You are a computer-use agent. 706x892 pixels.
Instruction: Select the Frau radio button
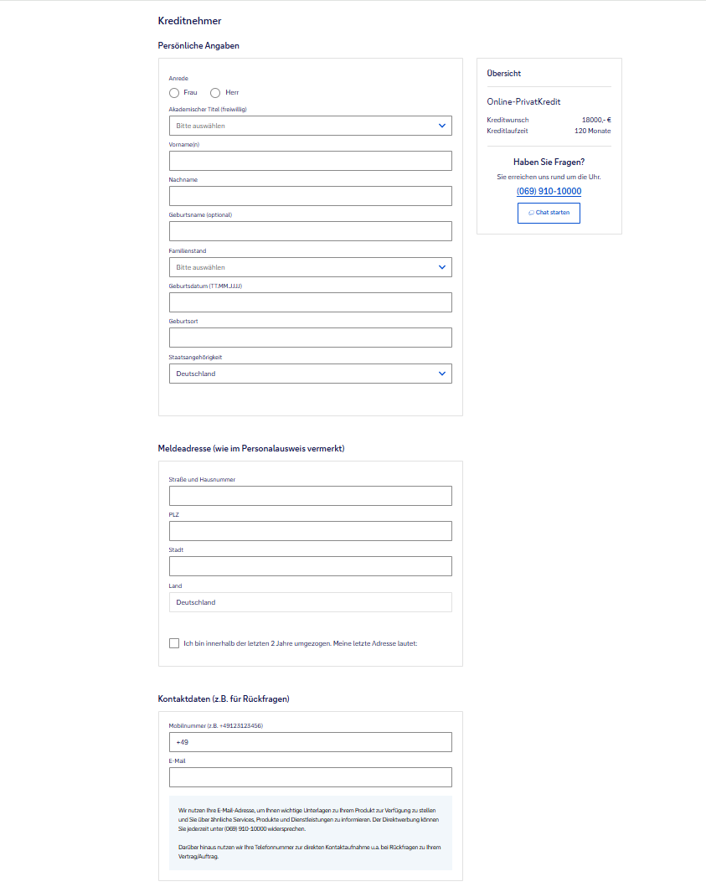(x=174, y=93)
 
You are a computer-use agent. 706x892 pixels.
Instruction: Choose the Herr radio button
(x=215, y=93)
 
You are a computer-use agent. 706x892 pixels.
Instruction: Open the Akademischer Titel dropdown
(x=310, y=126)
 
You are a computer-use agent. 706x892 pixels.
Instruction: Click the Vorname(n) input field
(x=310, y=161)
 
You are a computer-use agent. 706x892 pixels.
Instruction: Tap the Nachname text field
(x=310, y=196)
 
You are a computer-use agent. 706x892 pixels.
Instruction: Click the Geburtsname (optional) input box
(x=310, y=231)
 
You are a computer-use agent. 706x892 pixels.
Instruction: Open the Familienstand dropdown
(x=310, y=267)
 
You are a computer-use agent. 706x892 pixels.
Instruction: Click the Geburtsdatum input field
(x=310, y=302)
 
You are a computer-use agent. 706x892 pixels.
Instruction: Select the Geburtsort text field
(x=310, y=338)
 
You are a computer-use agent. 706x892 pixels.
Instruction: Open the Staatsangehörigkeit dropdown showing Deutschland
(x=310, y=374)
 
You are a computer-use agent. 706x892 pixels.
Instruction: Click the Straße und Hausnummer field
(x=310, y=496)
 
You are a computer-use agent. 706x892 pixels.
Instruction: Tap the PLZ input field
(x=310, y=531)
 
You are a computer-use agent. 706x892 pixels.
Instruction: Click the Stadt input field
(x=310, y=566)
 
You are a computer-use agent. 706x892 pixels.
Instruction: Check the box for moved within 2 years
(x=174, y=643)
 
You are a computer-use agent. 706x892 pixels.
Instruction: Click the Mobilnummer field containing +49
(x=310, y=742)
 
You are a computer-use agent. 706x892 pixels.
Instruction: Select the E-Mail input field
(x=310, y=777)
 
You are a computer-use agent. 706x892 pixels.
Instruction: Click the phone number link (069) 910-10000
(x=549, y=192)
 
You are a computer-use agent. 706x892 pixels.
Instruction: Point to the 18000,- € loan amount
(x=596, y=120)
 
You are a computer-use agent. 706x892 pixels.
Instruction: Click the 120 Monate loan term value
(x=592, y=131)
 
